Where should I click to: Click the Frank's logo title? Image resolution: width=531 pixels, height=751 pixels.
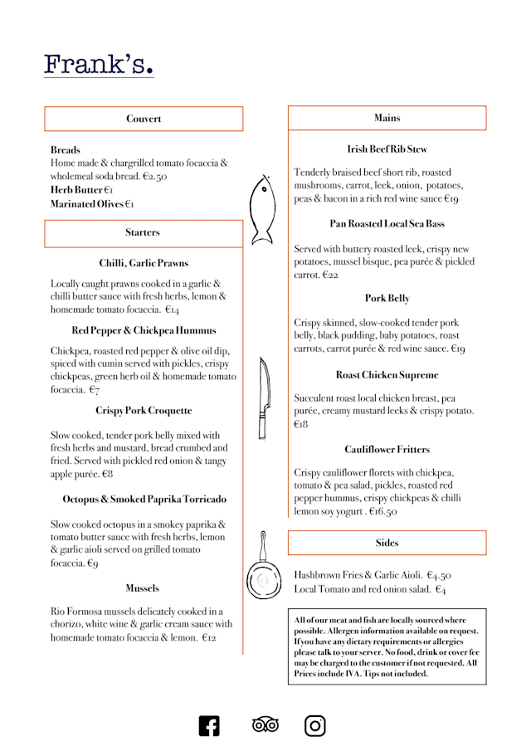[99, 64]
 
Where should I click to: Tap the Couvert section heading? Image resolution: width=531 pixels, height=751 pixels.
[144, 119]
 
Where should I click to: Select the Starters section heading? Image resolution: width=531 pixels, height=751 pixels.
[144, 232]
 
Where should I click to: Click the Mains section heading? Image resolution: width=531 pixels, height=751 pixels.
[387, 118]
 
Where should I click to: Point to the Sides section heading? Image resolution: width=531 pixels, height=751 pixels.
[387, 543]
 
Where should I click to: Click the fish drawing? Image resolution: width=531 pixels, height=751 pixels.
[261, 209]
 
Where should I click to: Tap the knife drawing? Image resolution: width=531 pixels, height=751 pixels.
[263, 397]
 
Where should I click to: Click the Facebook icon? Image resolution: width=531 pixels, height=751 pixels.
[209, 725]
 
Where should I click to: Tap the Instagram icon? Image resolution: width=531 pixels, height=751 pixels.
[315, 725]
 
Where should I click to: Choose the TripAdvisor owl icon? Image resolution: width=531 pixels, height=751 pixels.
[265, 725]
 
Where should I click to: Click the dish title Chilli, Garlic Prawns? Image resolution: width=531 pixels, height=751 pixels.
[144, 264]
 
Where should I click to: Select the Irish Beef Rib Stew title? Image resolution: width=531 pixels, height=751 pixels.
[387, 149]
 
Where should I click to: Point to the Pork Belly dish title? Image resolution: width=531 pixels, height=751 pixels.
[387, 299]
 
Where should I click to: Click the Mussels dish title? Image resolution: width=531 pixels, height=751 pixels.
[143, 588]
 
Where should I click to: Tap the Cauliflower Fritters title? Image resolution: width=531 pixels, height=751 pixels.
[387, 450]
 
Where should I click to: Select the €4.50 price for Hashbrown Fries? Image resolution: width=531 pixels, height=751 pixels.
[439, 575]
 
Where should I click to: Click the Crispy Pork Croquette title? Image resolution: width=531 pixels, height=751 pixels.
[144, 411]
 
